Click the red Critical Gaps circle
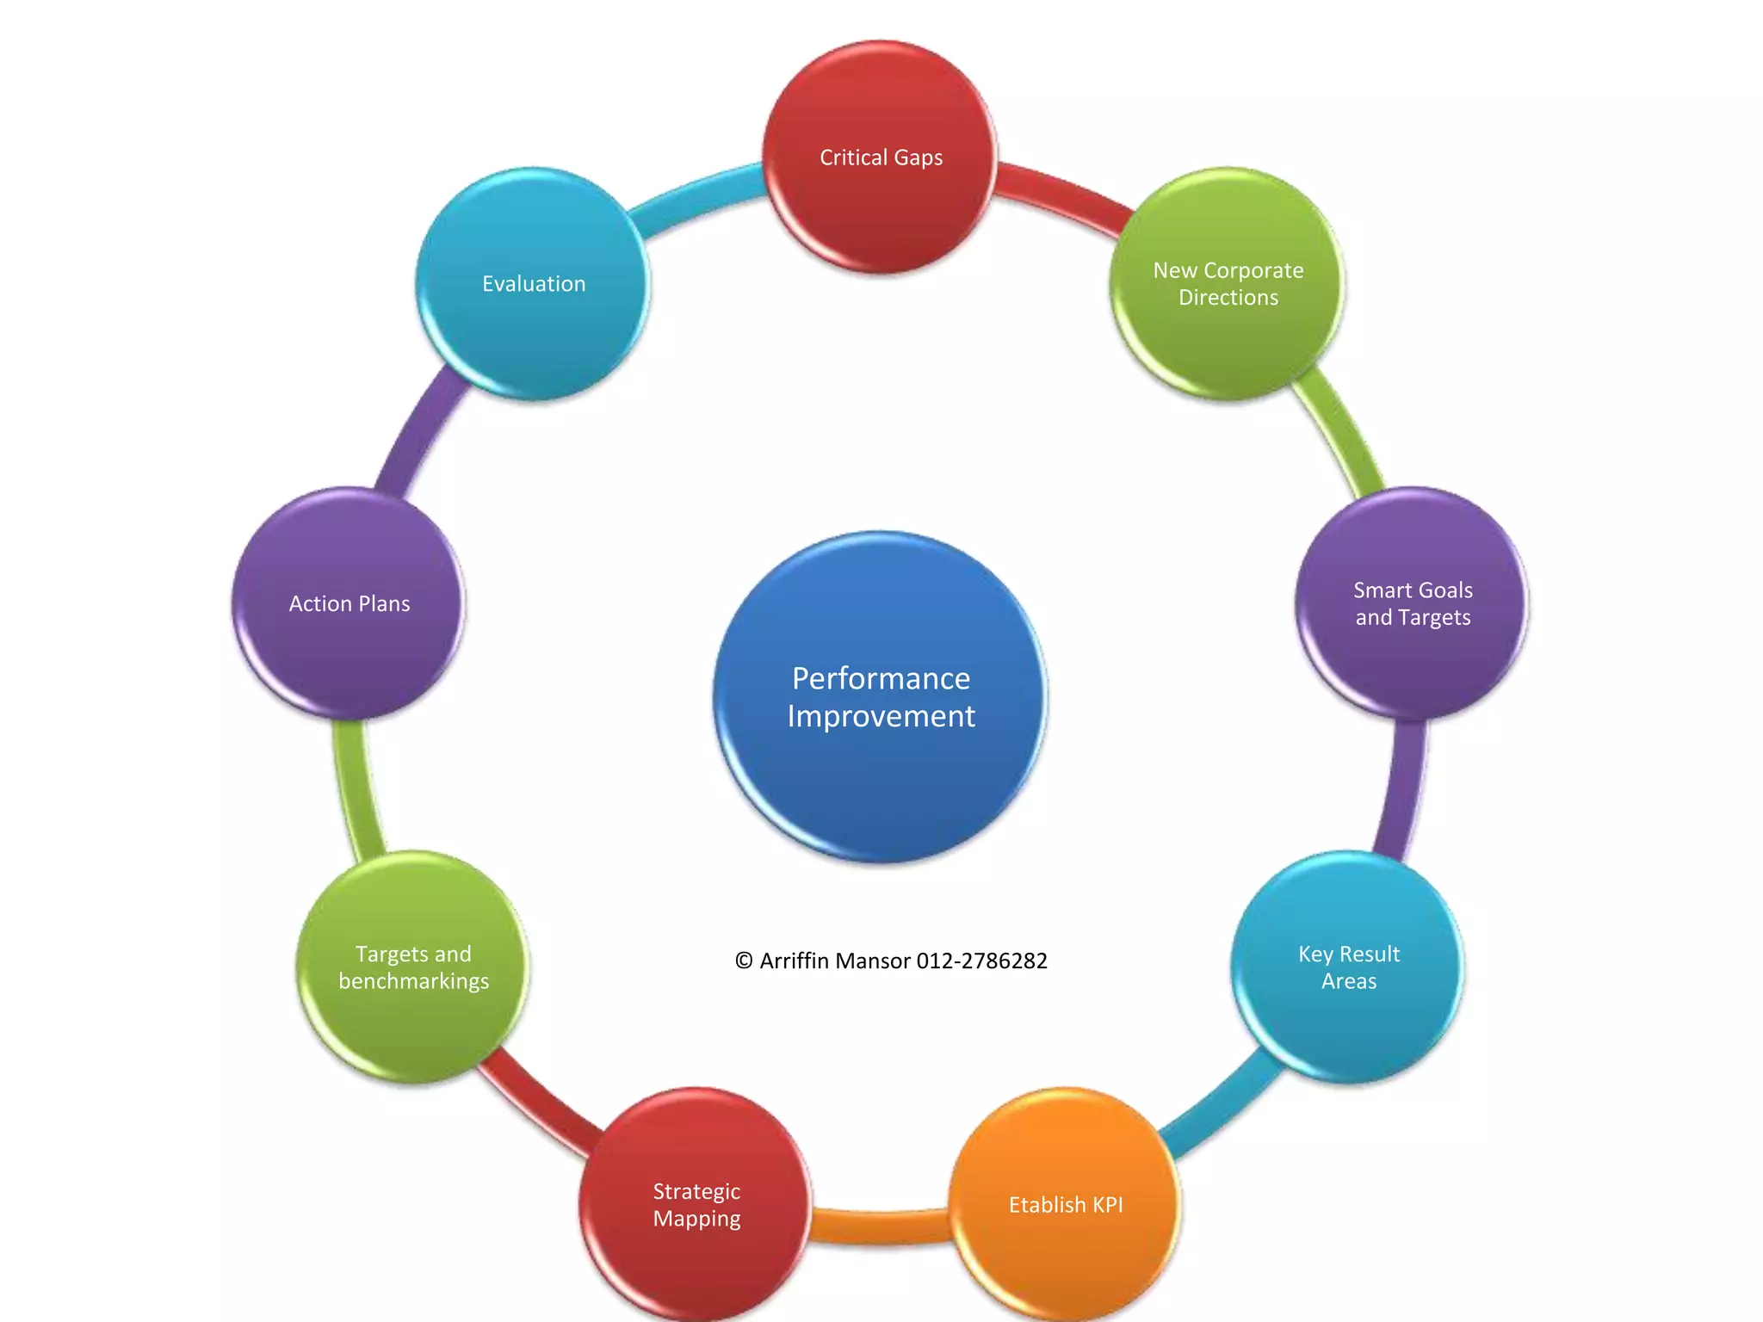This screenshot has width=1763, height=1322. click(880, 158)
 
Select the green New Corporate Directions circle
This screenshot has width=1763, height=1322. click(1228, 284)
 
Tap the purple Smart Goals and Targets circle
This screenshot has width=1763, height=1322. click(1412, 603)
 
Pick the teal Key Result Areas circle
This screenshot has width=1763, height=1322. click(1348, 967)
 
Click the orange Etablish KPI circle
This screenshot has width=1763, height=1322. click(1065, 1204)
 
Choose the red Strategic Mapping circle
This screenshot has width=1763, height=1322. click(696, 1204)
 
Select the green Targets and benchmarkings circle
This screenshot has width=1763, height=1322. click(413, 967)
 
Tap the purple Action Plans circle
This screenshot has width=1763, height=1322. click(349, 603)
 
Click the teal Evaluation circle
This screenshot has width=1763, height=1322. click(534, 284)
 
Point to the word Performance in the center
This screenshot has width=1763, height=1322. click(881, 678)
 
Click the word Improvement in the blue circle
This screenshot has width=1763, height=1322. click(881, 716)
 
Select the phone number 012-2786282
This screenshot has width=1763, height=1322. click(981, 961)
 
